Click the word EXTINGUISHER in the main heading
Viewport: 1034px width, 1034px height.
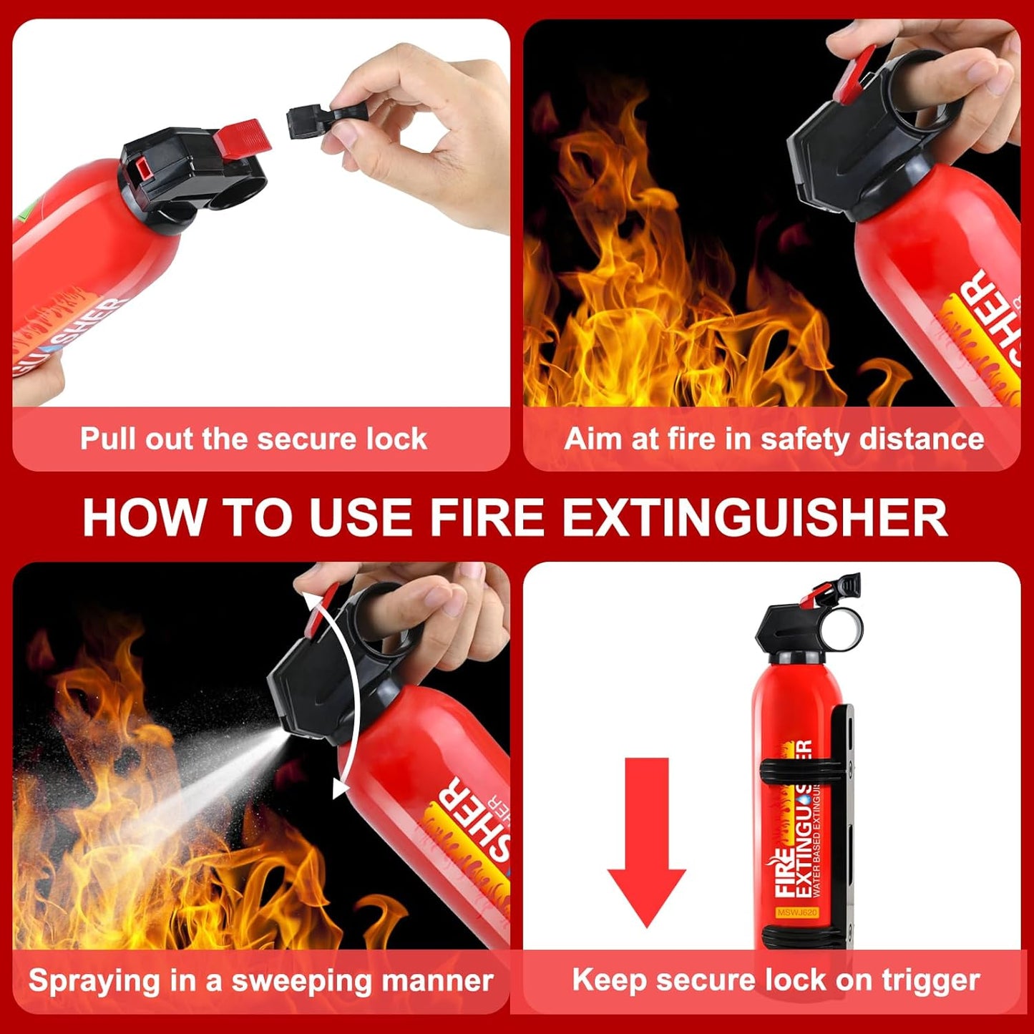(755, 517)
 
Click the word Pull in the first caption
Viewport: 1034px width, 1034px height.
(109, 439)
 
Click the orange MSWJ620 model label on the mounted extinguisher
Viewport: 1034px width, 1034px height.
(796, 912)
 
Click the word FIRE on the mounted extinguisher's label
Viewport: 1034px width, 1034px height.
(786, 874)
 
